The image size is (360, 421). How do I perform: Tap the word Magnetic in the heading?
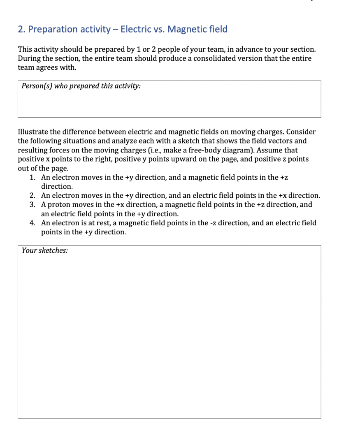[x=186, y=29]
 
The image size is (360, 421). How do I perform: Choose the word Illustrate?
[x=34, y=132]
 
